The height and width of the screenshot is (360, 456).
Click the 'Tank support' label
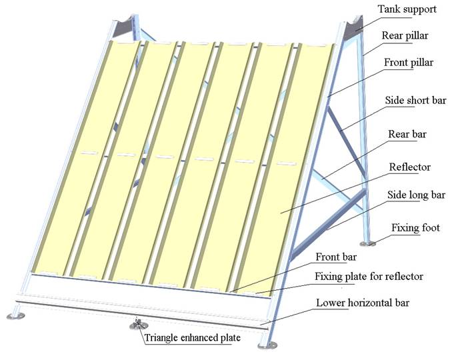[408, 9]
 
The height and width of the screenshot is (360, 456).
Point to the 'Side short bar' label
[415, 101]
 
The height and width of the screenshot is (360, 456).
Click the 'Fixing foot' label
[415, 228]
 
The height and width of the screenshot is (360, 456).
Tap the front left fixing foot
[15, 314]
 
